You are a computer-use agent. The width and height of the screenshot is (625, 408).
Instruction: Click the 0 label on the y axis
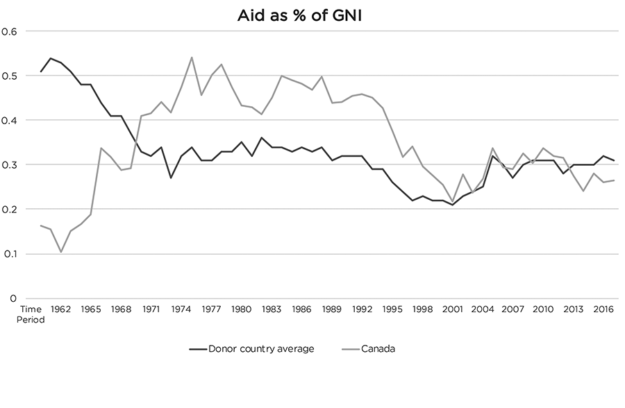pos(12,298)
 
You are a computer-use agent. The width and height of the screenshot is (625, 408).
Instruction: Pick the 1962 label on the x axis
pos(61,309)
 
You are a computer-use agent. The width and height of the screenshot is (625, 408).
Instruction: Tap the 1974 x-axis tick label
pos(182,309)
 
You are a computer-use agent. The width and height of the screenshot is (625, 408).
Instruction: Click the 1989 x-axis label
pos(332,309)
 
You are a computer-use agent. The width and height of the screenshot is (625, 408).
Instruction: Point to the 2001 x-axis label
pos(453,309)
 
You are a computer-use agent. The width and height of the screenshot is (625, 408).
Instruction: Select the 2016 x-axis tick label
pos(603,309)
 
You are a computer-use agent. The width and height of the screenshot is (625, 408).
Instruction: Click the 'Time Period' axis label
pos(31,314)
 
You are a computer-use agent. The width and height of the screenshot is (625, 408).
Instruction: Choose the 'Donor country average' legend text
pos(261,348)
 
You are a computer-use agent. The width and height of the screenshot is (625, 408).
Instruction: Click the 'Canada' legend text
pos(378,348)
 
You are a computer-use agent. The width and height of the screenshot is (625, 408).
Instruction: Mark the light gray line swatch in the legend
pos(350,348)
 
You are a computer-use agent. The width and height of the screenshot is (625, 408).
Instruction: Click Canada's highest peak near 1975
pos(192,58)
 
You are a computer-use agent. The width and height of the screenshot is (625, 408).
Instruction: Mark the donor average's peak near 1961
pos(51,58)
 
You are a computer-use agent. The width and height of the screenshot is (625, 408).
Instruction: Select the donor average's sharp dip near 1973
pos(172,178)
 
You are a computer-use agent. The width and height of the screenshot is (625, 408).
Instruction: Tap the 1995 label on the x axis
pos(392,309)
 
